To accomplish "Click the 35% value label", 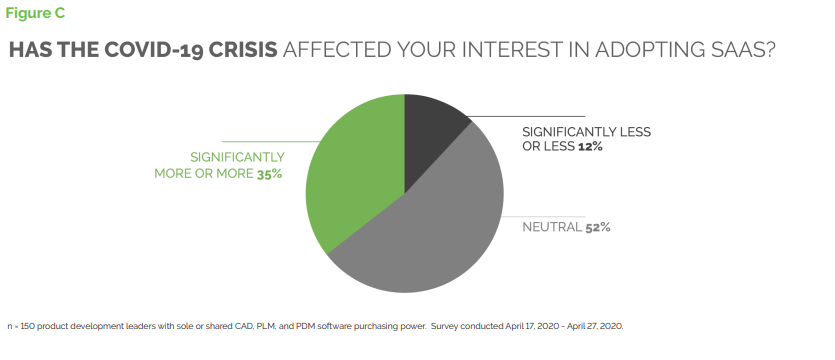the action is pyautogui.click(x=269, y=174).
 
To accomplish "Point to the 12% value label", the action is pyautogui.click(x=590, y=147).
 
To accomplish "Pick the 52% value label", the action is pyautogui.click(x=597, y=227).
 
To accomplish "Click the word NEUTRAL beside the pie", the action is pyautogui.click(x=552, y=227).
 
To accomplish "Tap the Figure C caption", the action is pyautogui.click(x=35, y=13).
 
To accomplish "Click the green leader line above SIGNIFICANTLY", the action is pyautogui.click(x=271, y=142).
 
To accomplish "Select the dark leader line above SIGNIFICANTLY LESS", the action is pyautogui.click(x=526, y=116).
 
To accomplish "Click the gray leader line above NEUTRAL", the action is pyautogui.click(x=543, y=217).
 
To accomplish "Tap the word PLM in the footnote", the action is pyautogui.click(x=265, y=326).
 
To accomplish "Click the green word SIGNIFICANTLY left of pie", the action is pyautogui.click(x=238, y=158).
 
